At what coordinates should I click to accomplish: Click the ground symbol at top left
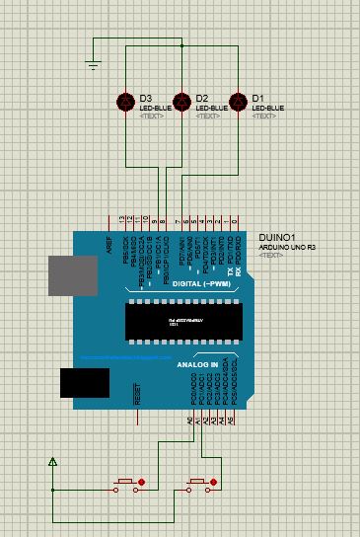(94, 65)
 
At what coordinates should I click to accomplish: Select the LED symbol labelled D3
(125, 102)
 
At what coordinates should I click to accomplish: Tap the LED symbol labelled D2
(181, 102)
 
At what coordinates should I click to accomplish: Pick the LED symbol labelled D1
(237, 102)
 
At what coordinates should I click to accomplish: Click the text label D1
(257, 98)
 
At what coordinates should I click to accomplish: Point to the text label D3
(146, 98)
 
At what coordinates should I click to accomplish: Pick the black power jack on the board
(84, 383)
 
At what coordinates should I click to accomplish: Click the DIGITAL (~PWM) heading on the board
(198, 283)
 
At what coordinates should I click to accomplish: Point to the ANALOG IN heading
(197, 364)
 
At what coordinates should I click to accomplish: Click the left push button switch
(126, 483)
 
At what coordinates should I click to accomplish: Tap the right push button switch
(195, 483)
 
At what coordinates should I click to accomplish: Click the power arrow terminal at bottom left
(53, 462)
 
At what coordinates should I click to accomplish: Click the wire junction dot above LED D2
(182, 45)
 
